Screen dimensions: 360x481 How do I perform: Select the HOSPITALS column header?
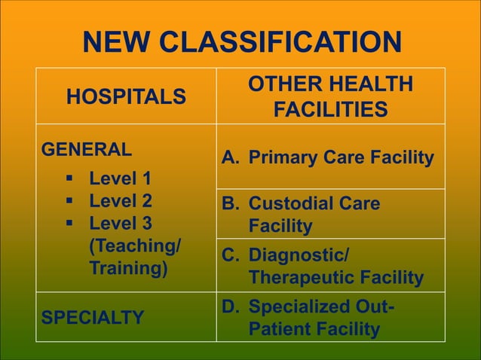pyautogui.click(x=126, y=96)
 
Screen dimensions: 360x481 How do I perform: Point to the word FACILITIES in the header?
pyautogui.click(x=330, y=111)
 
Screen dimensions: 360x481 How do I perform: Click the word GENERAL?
pyautogui.click(x=87, y=148)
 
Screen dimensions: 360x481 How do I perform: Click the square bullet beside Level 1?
pyautogui.click(x=69, y=179)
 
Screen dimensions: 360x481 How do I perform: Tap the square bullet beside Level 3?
pyautogui.click(x=69, y=224)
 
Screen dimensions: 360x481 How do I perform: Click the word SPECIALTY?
pyautogui.click(x=93, y=317)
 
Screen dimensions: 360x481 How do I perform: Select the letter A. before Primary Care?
pyautogui.click(x=231, y=158)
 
